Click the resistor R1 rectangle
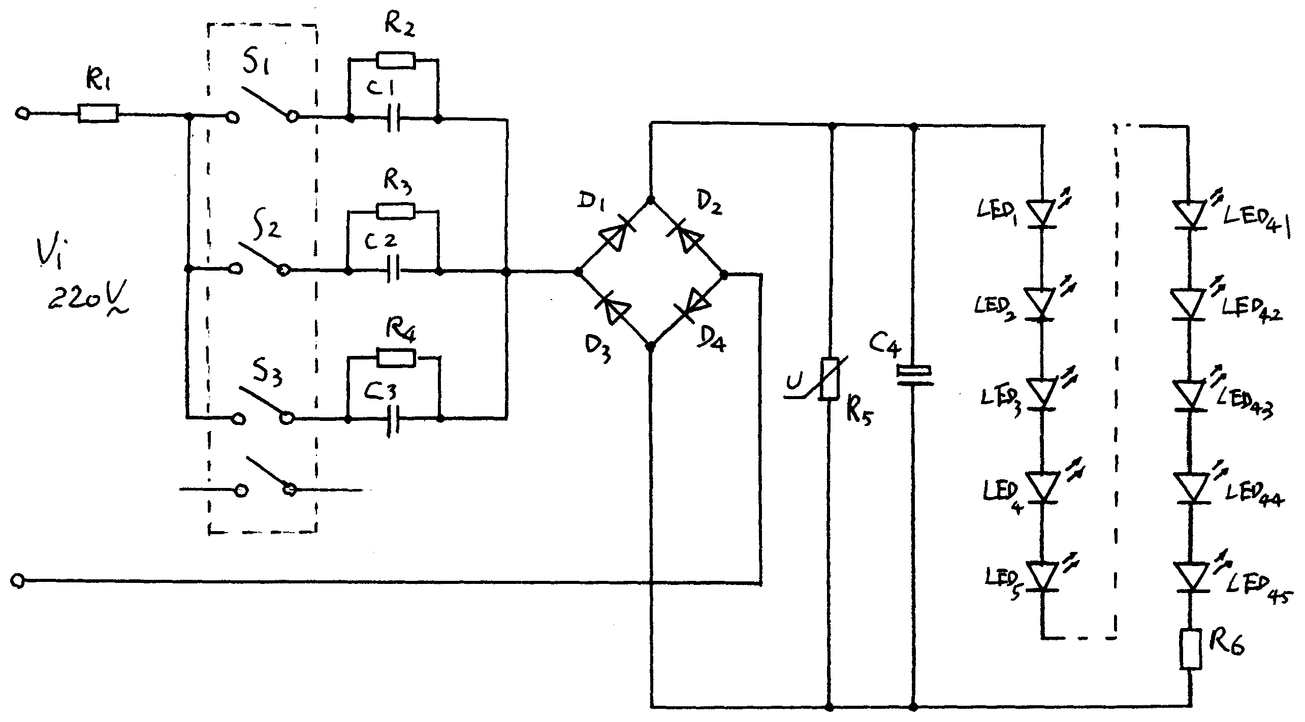coord(99,113)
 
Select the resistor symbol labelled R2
coord(396,60)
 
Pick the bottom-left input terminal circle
coord(18,580)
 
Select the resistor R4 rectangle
coord(396,358)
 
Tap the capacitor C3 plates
coord(393,419)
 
